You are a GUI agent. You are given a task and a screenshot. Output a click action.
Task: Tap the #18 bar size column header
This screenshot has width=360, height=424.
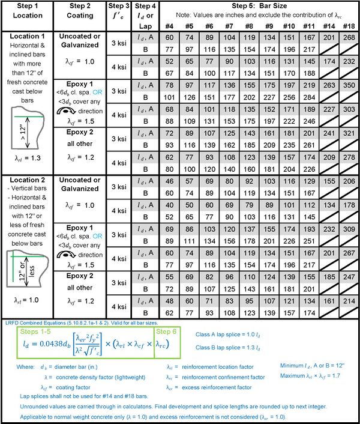(x=347, y=26)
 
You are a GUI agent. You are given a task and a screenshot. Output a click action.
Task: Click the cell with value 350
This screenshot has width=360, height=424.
(x=347, y=86)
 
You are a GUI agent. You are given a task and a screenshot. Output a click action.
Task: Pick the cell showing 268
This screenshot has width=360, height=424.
(x=347, y=37)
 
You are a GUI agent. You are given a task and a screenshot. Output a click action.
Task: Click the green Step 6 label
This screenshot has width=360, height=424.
(x=166, y=330)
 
